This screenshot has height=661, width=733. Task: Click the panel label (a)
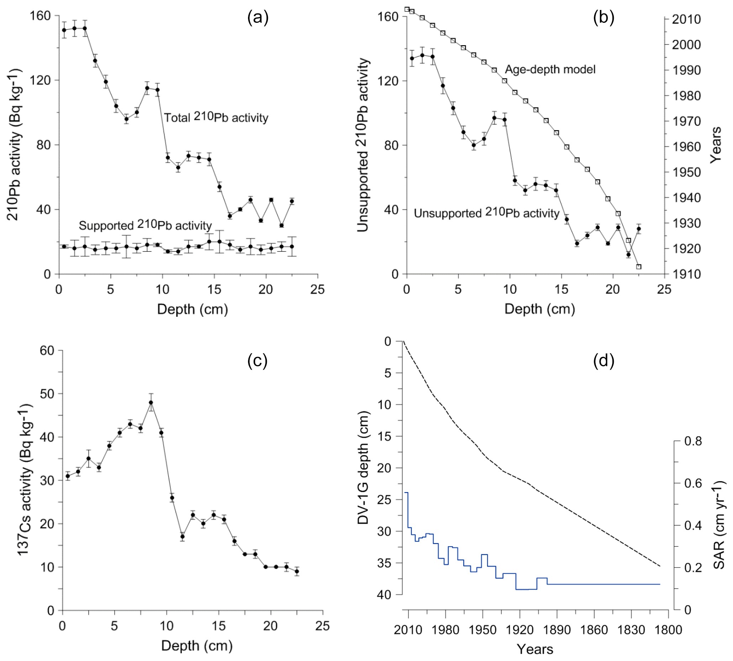[x=258, y=17]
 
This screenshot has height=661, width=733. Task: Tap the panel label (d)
[x=603, y=361]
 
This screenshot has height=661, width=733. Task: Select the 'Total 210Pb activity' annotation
[x=216, y=117]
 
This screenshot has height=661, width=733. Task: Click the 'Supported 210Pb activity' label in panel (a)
[x=145, y=225]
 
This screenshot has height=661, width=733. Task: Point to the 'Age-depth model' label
[x=550, y=69]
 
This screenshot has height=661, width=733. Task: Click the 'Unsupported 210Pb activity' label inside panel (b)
[x=486, y=213]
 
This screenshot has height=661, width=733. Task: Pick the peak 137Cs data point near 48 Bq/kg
[x=151, y=403]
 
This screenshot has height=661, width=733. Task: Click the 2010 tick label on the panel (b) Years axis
[x=686, y=19]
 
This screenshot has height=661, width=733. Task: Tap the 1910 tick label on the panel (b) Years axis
[x=686, y=274]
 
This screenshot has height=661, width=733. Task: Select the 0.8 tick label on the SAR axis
[x=693, y=441]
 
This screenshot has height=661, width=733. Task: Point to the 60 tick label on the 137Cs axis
[x=47, y=351]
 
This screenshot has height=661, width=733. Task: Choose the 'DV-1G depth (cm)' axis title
[x=363, y=468]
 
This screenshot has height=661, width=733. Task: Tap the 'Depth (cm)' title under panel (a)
[x=192, y=309]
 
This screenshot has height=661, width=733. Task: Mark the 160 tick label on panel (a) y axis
[x=40, y=16]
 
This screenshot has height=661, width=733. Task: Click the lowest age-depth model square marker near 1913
[x=638, y=267]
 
